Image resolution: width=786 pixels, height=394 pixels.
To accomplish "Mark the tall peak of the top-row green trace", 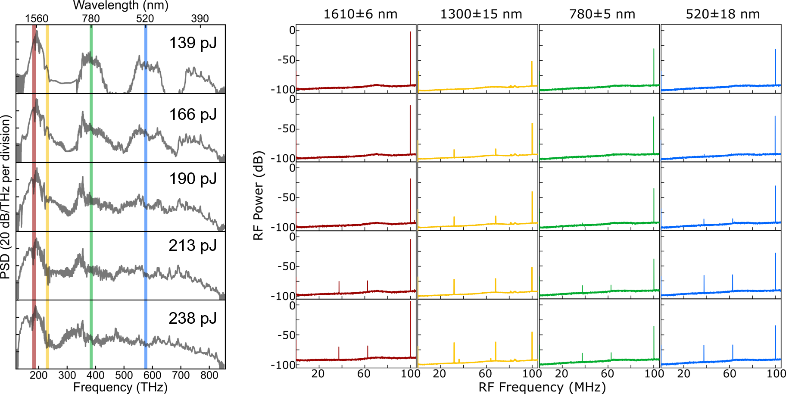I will pyautogui.click(x=654, y=50).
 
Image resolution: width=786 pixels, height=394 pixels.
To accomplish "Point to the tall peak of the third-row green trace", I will pyautogui.click(x=654, y=189).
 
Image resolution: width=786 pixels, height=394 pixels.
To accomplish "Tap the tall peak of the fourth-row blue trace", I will pyautogui.click(x=775, y=254).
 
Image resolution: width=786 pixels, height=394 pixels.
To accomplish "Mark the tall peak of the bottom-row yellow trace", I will pyautogui.click(x=532, y=333).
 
